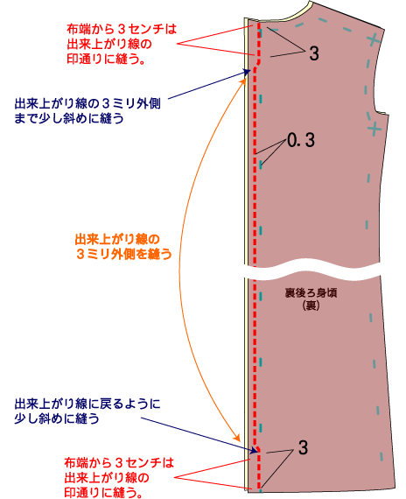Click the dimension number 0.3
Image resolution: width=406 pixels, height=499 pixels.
tap(301, 140)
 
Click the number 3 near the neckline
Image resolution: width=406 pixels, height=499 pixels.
tap(314, 53)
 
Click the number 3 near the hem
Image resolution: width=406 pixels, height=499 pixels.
tap(304, 447)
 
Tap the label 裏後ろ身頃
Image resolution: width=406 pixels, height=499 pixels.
tap(311, 292)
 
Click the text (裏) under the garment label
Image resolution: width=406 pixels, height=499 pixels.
tap(311, 306)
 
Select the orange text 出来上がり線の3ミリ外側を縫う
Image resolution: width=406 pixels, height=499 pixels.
tap(123, 247)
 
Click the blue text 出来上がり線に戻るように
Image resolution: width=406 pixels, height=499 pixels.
tap(87, 404)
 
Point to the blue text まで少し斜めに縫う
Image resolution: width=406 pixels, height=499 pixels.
tap(69, 118)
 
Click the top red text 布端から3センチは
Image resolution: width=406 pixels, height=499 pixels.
tap(122, 29)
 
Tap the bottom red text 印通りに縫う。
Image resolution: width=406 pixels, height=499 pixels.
tap(103, 493)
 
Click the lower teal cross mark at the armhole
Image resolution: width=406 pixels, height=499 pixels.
tap(374, 128)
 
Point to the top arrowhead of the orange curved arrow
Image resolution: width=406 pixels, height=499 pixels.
tap(244, 80)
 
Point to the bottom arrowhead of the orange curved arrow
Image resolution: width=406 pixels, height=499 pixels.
tap(237, 438)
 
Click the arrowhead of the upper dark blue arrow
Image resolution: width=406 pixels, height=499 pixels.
tap(247, 72)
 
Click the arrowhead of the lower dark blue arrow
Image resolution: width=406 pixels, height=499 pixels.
tap(255, 451)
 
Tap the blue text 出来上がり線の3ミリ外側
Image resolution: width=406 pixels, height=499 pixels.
tap(87, 104)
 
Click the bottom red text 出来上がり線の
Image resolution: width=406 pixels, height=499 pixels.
tap(107, 478)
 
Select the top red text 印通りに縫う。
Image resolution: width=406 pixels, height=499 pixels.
tap(106, 59)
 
